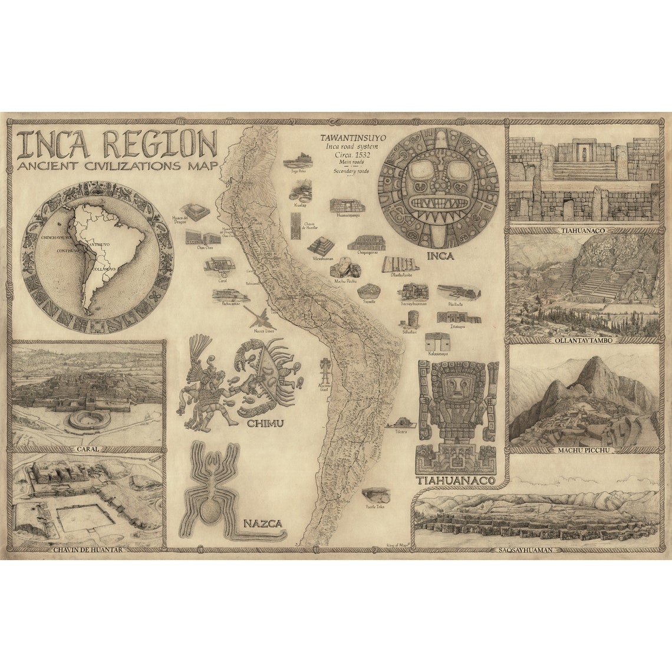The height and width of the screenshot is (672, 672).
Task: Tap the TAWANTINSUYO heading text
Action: [350, 138]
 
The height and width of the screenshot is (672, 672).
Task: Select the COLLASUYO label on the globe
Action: [108, 269]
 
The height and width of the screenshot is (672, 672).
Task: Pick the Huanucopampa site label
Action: [348, 216]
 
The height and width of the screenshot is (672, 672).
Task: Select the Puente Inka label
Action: [375, 506]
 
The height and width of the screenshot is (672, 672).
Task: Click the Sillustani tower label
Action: [410, 332]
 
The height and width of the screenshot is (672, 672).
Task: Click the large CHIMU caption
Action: [265, 423]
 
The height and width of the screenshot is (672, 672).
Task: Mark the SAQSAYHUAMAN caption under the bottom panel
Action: [524, 550]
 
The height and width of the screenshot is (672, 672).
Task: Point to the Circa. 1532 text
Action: [349, 154]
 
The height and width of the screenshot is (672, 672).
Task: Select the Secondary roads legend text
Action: [350, 171]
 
